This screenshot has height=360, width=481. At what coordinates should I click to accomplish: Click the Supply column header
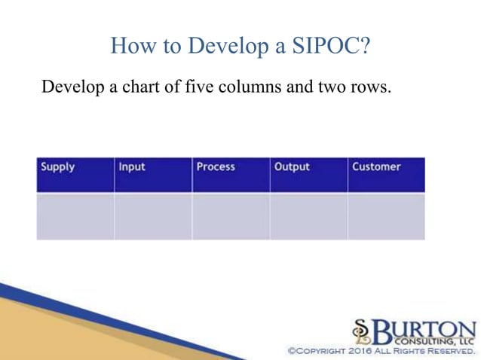[75, 175]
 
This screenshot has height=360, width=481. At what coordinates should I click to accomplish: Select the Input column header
[153, 175]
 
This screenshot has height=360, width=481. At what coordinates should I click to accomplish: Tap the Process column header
[231, 175]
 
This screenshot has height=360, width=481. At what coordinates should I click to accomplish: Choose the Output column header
[308, 175]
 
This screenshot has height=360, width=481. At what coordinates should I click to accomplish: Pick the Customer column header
[386, 175]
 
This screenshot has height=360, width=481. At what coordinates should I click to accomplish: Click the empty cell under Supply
[75, 216]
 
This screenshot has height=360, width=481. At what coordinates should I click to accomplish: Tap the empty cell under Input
[153, 216]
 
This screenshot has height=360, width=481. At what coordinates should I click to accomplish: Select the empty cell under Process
[231, 216]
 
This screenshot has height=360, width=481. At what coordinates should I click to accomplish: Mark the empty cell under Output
[308, 216]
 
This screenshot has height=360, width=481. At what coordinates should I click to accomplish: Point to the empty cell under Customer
[386, 216]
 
